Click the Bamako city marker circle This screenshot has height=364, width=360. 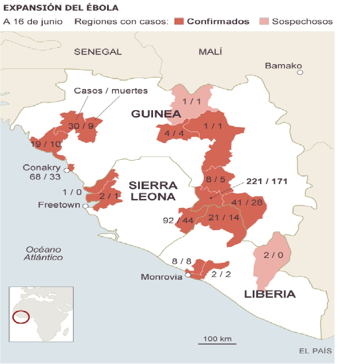pos(300,72)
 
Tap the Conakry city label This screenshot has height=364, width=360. pos(42,168)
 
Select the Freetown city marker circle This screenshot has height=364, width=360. pos(85,206)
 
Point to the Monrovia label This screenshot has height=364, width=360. pos(162,277)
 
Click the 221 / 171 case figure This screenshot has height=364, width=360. pos(266,181)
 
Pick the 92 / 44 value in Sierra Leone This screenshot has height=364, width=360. pos(178,220)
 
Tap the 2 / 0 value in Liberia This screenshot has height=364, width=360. pos(273,255)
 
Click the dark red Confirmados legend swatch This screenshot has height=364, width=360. pos(179,21)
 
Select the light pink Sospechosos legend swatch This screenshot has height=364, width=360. pos(264,21)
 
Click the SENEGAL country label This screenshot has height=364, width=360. pos(98,52)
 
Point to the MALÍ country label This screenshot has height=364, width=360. pos(210,52)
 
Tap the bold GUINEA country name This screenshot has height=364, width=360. pos(156,114)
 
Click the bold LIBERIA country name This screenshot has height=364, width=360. pos(270,294)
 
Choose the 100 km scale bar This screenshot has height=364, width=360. pos(217,343)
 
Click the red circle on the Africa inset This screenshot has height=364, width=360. pos(21,317)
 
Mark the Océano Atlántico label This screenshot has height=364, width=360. pos(43,253)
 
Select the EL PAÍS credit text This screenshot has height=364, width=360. pos(315,351)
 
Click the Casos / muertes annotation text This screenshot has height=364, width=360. pos(111,91)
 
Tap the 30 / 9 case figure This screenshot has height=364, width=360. pos(81,126)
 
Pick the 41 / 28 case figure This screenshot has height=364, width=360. pos(247,203)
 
